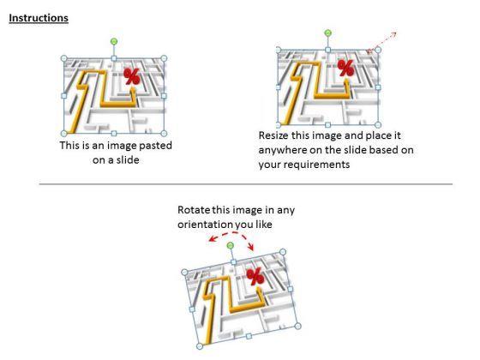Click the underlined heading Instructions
(x=39, y=18)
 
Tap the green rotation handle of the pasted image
(x=114, y=41)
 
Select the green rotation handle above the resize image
(x=327, y=33)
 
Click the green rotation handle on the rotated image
(x=231, y=245)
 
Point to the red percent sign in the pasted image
(x=132, y=76)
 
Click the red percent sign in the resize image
(x=346, y=68)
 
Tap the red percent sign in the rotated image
(x=255, y=276)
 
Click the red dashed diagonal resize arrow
(x=381, y=42)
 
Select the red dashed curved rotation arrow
(x=231, y=233)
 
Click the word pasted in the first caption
(x=155, y=146)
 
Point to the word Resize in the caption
(x=273, y=135)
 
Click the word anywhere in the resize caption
(x=282, y=150)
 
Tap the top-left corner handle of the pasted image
(x=64, y=58)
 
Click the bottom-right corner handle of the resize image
(x=378, y=124)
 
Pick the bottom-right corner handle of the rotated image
(x=297, y=326)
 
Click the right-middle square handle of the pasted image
(x=164, y=96)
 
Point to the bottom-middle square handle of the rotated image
(x=249, y=336)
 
